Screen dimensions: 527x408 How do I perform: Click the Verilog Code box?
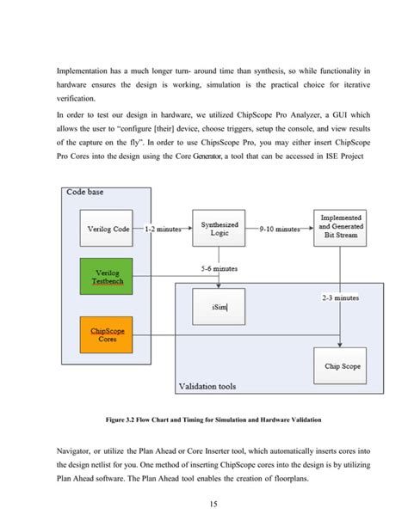tap(108, 230)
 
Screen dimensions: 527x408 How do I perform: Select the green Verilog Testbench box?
tap(108, 277)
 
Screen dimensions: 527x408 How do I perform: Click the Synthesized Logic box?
tap(219, 229)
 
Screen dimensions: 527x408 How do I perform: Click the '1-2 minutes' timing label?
tap(163, 230)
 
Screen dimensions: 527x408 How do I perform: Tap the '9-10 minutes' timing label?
tap(280, 230)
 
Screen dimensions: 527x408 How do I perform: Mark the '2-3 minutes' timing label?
tap(340, 298)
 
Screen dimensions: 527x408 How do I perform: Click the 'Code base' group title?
tap(85, 192)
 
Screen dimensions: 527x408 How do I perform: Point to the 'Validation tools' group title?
tap(212, 387)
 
